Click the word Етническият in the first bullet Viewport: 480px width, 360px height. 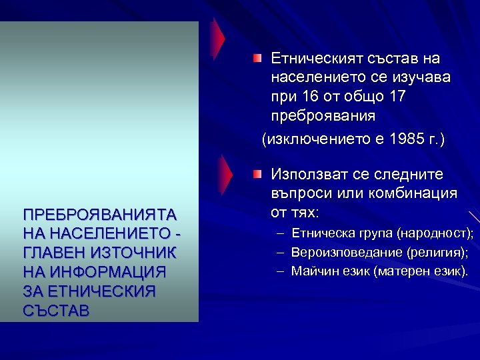point(311,59)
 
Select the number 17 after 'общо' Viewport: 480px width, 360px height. point(396,97)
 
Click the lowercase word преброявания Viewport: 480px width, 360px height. point(323,115)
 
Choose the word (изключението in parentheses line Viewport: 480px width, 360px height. point(307,139)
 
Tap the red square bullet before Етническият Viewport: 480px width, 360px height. point(257,59)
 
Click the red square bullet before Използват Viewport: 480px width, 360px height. point(257,174)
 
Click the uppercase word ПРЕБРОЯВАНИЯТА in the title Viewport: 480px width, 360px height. point(99,215)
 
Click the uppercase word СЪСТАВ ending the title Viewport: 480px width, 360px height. point(55,311)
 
